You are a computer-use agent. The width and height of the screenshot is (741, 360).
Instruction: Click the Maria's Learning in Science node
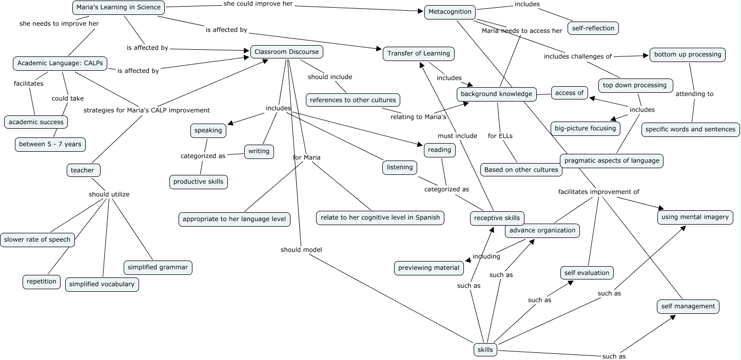[x=119, y=7]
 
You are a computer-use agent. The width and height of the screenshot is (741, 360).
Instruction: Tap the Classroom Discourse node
[x=287, y=52]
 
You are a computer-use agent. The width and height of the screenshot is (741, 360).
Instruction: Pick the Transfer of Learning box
[x=419, y=53]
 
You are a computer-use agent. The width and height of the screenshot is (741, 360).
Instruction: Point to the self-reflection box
[x=593, y=28]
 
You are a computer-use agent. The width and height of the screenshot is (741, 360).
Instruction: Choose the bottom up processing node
[x=688, y=54]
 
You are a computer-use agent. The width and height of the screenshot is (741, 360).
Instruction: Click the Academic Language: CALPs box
[x=60, y=64]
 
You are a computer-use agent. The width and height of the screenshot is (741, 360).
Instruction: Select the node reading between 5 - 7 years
[x=50, y=144]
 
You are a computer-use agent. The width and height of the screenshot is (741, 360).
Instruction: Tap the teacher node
[x=83, y=170]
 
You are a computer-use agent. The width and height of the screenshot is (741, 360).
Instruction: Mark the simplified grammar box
[x=158, y=267]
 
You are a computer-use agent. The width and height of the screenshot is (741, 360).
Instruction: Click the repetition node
[x=42, y=282]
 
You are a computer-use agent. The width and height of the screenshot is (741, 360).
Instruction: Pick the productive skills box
[x=199, y=182]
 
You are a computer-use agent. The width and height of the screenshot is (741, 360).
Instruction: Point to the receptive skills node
[x=497, y=218]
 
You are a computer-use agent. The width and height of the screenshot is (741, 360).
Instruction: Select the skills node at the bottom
[x=485, y=350]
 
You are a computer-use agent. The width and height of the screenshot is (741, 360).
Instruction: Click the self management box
[x=688, y=306]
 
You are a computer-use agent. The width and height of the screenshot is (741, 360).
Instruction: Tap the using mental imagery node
[x=695, y=217]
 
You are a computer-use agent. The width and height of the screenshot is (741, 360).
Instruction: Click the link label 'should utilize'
[x=109, y=194]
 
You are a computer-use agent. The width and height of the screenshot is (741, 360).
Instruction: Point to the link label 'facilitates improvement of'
[x=599, y=192]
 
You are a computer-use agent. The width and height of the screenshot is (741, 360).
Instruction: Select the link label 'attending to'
[x=694, y=94]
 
